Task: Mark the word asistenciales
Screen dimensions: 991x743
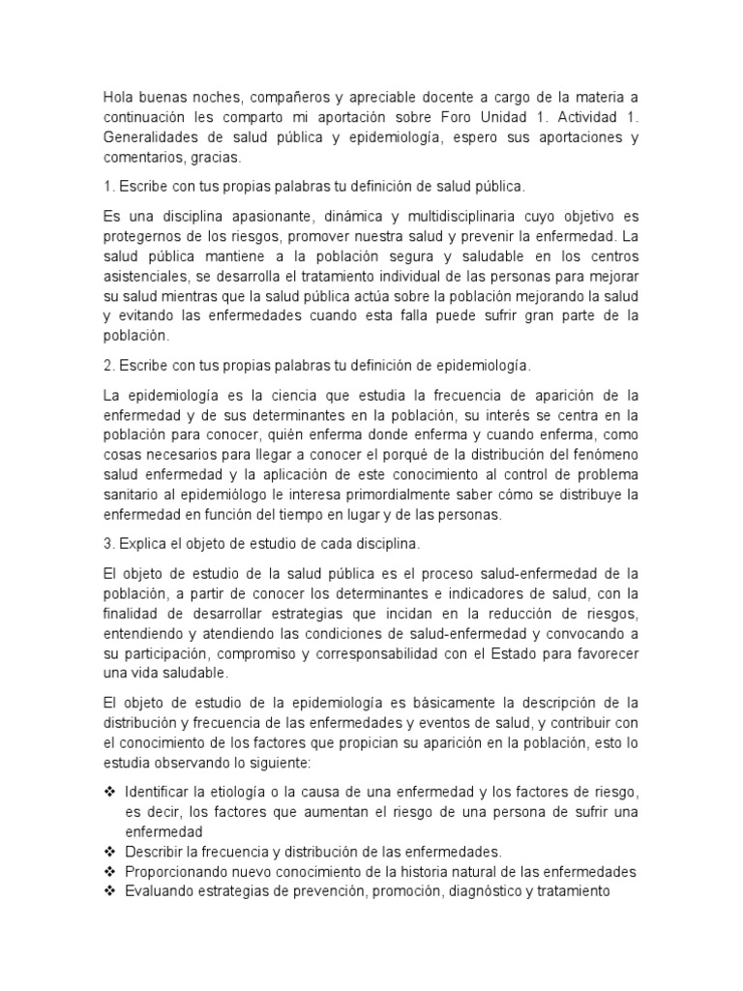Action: (144, 276)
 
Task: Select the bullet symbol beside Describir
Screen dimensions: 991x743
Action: (108, 852)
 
